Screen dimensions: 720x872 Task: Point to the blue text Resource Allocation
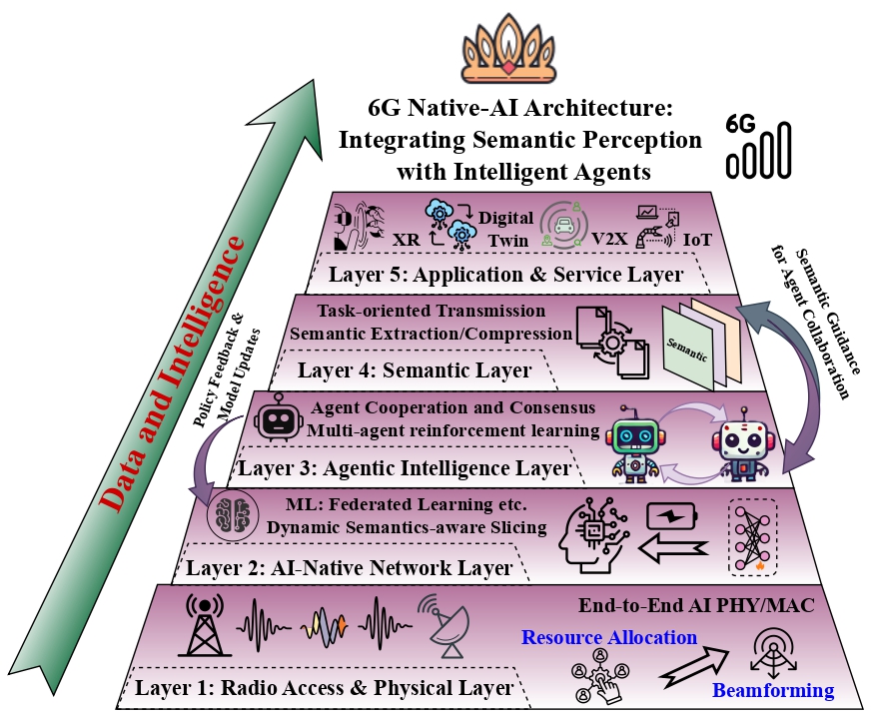(610, 637)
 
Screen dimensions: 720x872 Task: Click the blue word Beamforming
(773, 690)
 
